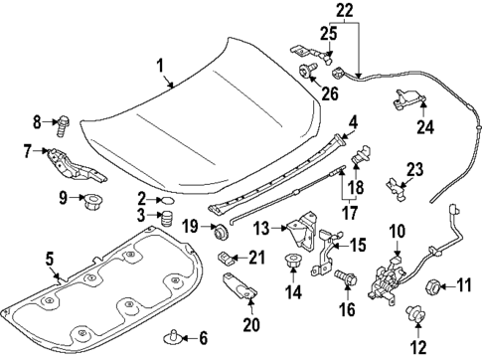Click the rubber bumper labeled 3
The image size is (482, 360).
coord(167,217)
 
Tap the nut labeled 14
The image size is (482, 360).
coord(293,265)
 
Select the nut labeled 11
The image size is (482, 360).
coord(433,288)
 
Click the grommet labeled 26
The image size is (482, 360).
coord(307,72)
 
